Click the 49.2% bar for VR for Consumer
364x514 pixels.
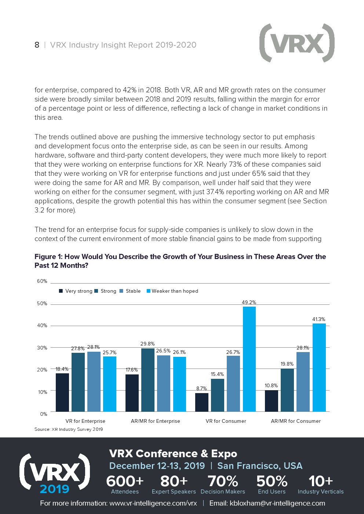(249, 359)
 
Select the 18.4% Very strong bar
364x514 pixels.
(62, 392)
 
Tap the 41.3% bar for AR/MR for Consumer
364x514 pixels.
(319, 367)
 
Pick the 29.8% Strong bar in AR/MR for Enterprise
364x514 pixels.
(148, 380)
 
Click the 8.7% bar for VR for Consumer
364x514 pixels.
(202, 402)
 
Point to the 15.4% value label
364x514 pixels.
(217, 374)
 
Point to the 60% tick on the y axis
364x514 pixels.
(42, 281)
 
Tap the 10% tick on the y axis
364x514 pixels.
(42, 392)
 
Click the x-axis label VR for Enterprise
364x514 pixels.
(85, 421)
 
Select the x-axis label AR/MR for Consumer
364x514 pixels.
(296, 421)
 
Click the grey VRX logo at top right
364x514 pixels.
(297, 43)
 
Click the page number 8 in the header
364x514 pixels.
(37, 45)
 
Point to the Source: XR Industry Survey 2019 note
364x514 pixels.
(69, 429)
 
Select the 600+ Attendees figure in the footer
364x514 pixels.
(125, 484)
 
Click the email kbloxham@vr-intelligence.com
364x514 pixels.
(277, 503)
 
